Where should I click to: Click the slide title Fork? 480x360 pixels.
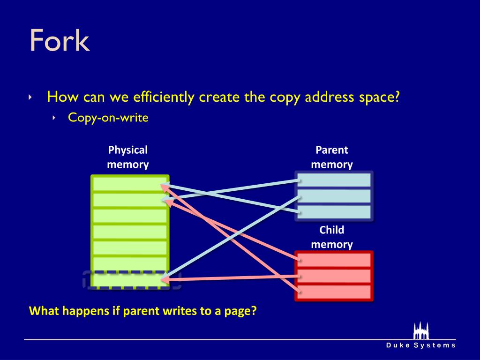[59, 41]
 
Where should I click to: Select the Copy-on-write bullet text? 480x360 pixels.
[108, 117]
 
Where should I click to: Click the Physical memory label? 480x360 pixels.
[127, 157]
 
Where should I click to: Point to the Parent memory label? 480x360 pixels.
[332, 157]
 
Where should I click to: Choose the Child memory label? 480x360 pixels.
[332, 237]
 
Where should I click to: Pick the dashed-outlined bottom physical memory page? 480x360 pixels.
[130, 279]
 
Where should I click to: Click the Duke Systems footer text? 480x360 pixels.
[420, 345]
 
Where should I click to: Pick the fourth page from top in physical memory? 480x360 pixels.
[130, 232]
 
